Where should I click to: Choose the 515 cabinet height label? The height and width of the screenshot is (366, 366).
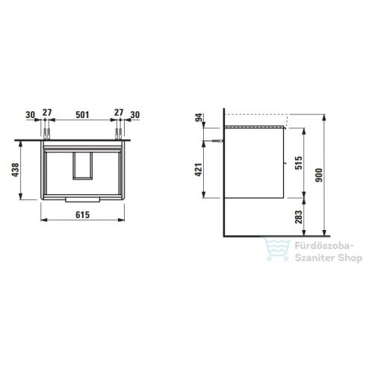tap(298, 164)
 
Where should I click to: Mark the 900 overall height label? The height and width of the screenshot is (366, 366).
tap(320, 175)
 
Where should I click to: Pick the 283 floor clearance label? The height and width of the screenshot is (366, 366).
tap(298, 218)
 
